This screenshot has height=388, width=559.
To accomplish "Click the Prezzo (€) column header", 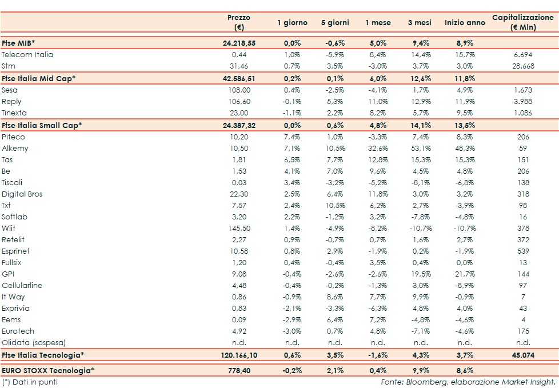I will click(238, 22).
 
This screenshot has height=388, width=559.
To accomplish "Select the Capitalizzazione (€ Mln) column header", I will click(523, 22).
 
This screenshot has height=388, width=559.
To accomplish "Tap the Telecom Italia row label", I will click(27, 55).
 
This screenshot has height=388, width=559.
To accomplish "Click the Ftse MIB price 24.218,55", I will click(239, 43).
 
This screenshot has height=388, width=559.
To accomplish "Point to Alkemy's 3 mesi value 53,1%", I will click(420, 149).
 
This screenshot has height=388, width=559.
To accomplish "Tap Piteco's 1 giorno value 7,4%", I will click(292, 137).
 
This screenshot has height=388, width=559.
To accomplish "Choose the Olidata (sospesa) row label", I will click(34, 343).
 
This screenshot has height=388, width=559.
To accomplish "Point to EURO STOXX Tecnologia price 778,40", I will click(239, 371).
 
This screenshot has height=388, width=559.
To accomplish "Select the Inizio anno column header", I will click(465, 23).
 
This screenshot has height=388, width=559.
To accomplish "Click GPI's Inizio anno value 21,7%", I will click(465, 274).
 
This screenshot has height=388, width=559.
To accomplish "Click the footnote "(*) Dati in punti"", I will click(30, 382).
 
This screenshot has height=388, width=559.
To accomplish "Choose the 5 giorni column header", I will click(334, 23).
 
